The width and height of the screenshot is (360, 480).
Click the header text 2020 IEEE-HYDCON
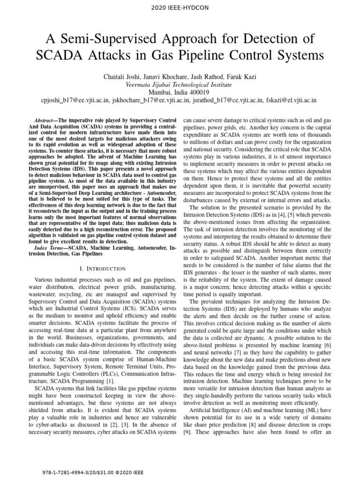[180, 7]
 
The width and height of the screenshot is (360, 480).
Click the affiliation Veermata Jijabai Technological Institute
[180, 85]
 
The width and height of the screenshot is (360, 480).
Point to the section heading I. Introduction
[103, 269]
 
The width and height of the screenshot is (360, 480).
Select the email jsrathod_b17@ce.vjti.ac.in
[225, 100]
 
